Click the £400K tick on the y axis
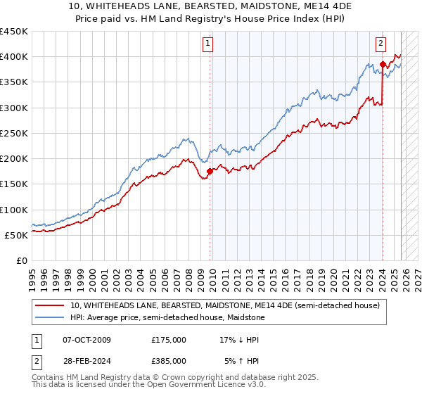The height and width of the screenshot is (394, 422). (x=14, y=57)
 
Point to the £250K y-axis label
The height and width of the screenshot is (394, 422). (x=14, y=133)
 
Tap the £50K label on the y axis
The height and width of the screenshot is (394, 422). (x=16, y=235)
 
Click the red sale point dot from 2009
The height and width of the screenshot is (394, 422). (x=210, y=171)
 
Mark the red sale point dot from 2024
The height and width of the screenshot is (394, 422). (x=383, y=65)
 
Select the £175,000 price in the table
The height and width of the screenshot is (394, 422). (x=169, y=340)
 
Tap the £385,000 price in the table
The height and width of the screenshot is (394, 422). (x=169, y=363)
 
